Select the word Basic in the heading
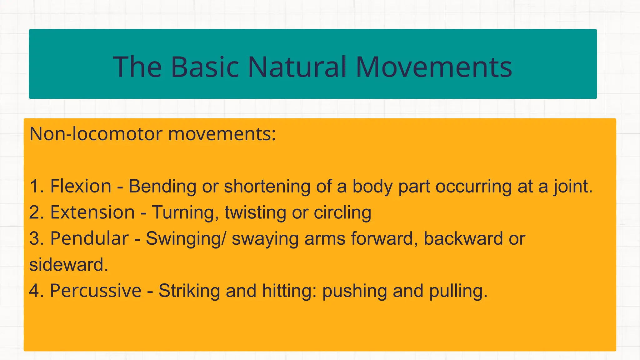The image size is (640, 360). tap(205, 67)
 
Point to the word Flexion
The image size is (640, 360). tap(81, 186)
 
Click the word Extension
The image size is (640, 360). tap(92, 212)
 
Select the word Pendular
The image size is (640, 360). tap(89, 238)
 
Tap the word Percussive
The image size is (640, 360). tap(96, 291)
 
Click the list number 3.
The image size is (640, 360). tap(35, 238)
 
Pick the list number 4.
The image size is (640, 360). tap(35, 291)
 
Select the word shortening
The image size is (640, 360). tap(267, 187)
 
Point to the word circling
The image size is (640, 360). tap(342, 213)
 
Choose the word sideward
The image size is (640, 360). tap(68, 265)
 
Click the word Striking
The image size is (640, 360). tap(189, 291)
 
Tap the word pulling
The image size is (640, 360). tap(458, 291)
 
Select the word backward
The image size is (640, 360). tap(463, 239)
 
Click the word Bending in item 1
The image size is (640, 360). tap(162, 187)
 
